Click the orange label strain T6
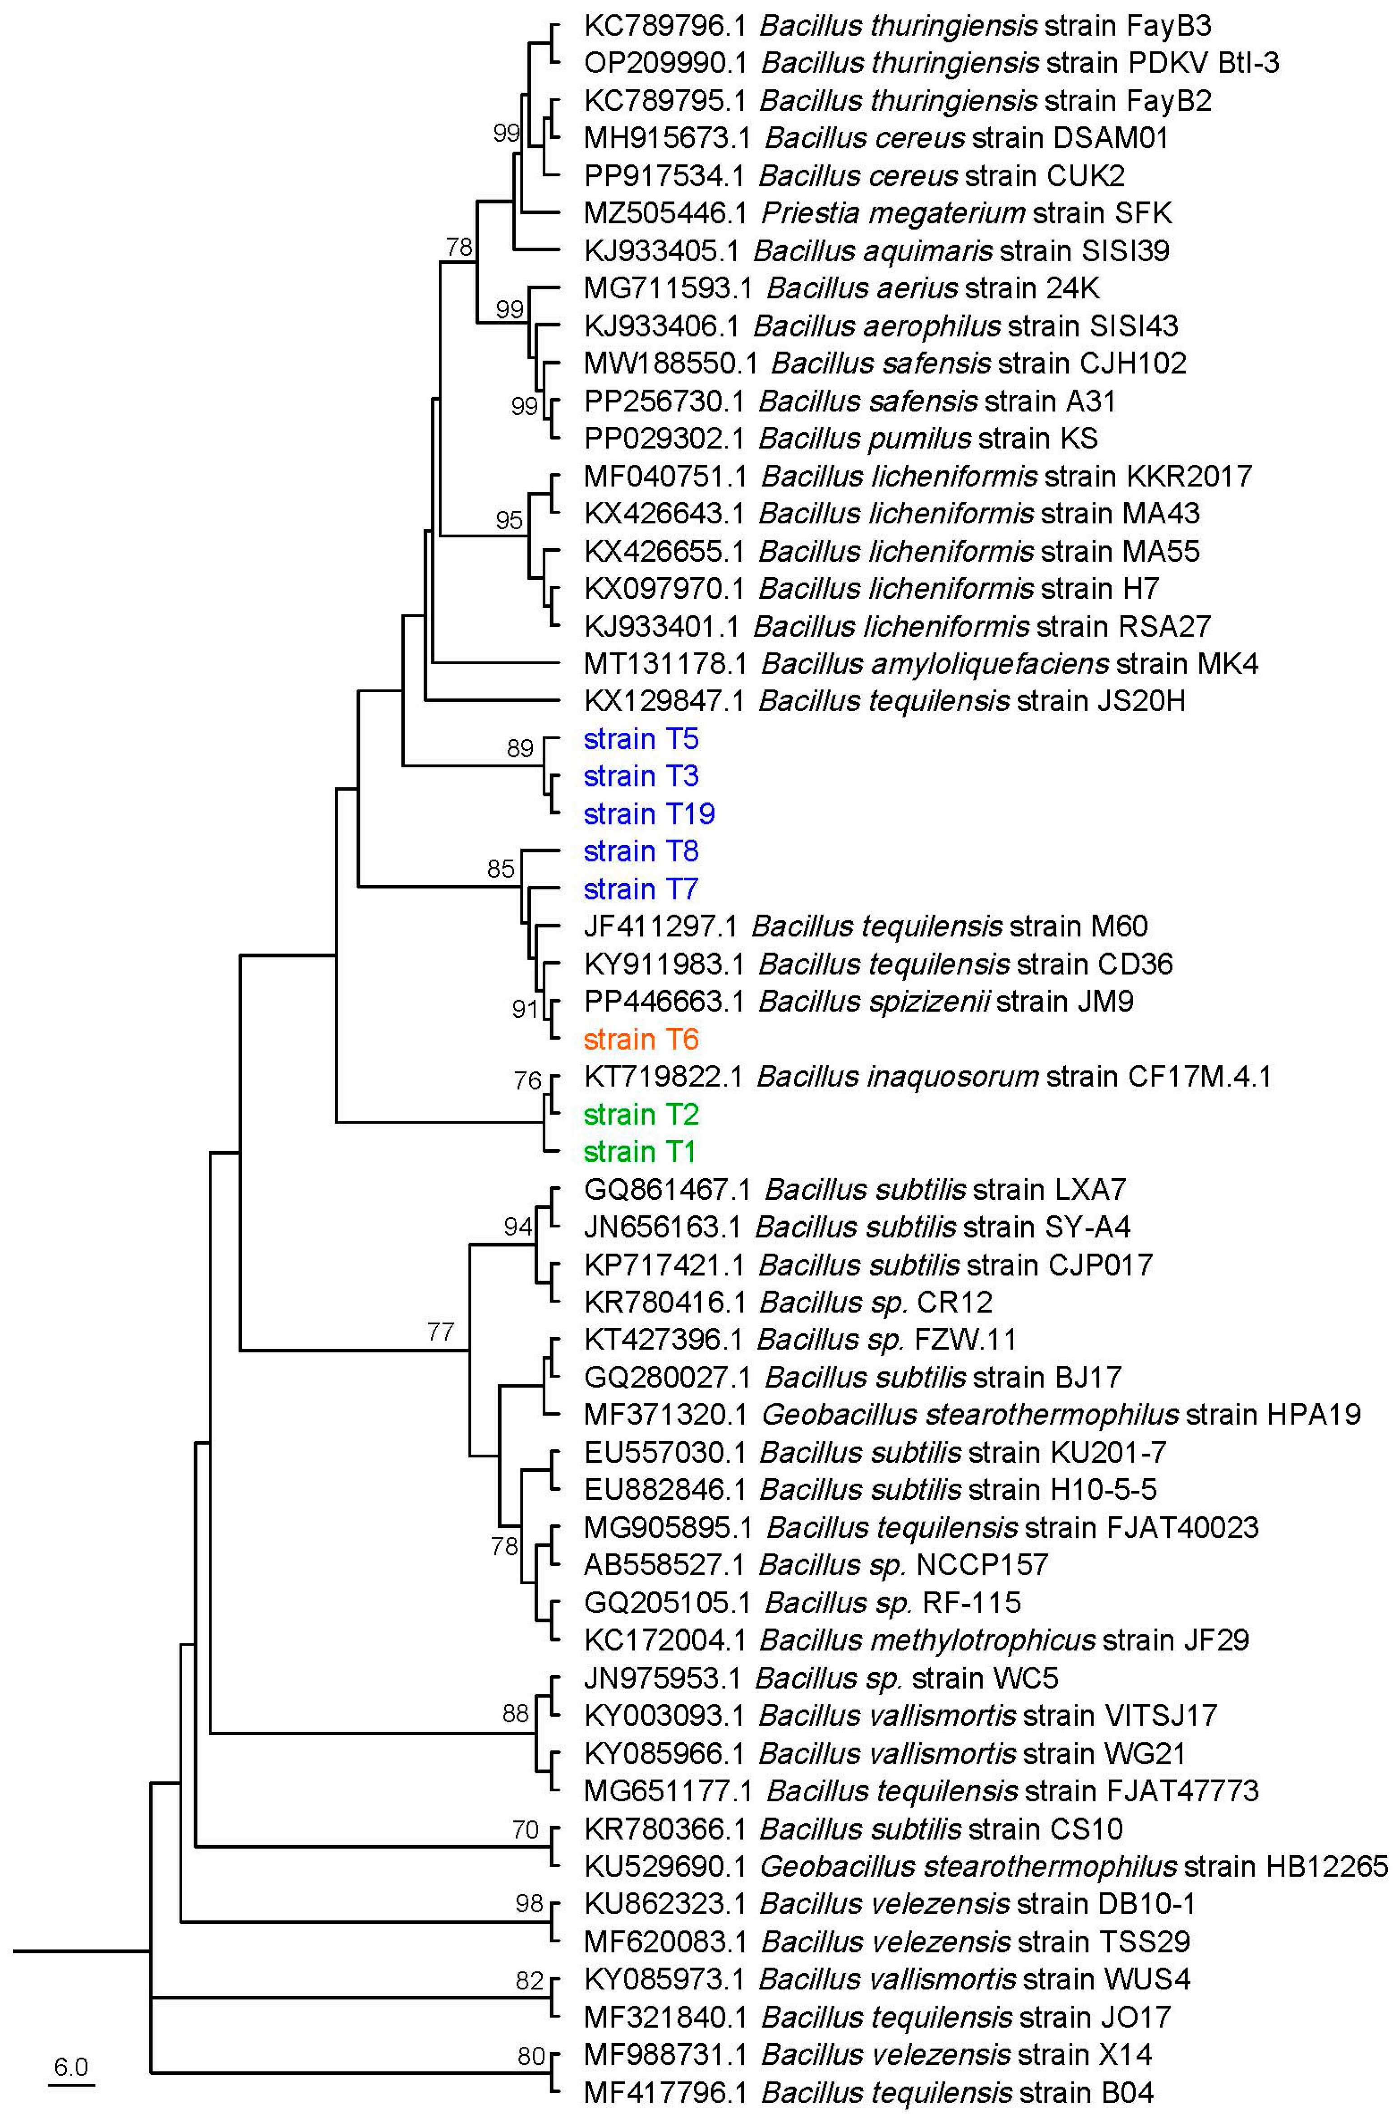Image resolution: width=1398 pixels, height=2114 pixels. [x=641, y=1040]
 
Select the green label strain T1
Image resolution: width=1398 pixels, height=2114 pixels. [x=639, y=1152]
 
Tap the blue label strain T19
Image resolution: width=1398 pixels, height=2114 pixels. [x=649, y=814]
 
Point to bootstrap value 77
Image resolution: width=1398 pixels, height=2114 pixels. [x=440, y=1332]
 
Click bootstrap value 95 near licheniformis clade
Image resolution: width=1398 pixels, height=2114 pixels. [x=509, y=520]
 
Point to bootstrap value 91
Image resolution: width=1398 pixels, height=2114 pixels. [x=525, y=1009]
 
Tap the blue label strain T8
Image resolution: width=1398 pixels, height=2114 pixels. [x=641, y=851]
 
